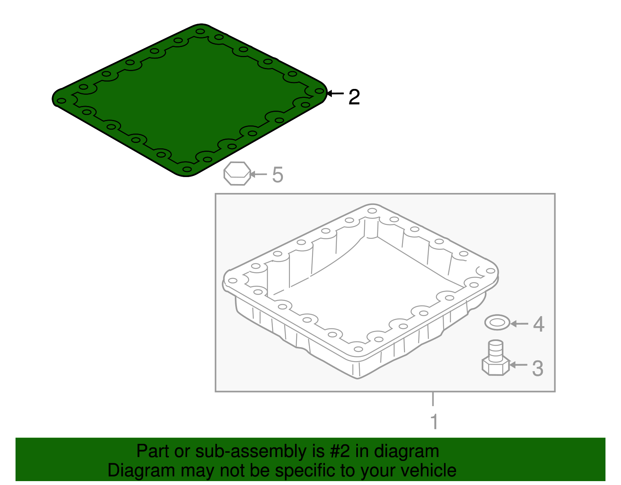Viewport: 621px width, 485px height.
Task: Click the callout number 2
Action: [x=354, y=97]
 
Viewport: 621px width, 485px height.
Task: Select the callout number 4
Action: [x=538, y=324]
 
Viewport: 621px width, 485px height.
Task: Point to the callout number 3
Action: [x=537, y=368]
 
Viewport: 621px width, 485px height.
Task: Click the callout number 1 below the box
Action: [x=434, y=422]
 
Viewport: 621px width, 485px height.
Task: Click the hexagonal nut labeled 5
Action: [x=237, y=174]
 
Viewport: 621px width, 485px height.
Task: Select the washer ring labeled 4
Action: [x=497, y=322]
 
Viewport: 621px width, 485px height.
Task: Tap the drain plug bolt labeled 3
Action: [x=496, y=359]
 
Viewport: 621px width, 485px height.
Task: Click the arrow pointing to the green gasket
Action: [x=335, y=94]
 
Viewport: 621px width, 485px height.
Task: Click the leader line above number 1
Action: [x=433, y=399]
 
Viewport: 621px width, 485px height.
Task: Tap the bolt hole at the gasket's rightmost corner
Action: [x=319, y=91]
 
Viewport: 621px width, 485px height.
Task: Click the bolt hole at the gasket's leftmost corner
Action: [x=61, y=101]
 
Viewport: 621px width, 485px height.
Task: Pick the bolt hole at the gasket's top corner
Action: [x=200, y=31]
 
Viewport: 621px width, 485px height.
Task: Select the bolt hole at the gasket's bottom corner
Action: [x=187, y=169]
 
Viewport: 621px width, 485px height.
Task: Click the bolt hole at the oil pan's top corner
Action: [x=372, y=211]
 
